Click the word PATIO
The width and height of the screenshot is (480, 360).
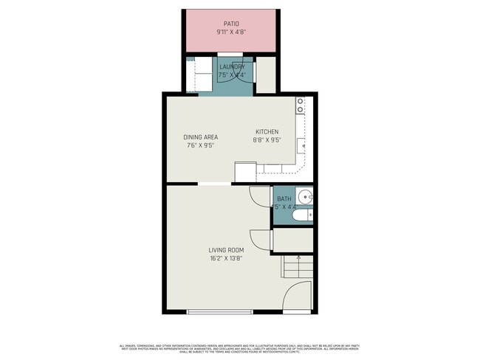[231, 24]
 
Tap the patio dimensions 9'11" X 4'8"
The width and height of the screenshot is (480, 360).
[231, 32]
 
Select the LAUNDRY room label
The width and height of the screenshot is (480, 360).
[231, 66]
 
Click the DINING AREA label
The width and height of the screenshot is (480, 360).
[200, 137]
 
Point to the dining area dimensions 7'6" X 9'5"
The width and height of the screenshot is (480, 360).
[200, 146]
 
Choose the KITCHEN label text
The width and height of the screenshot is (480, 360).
[267, 132]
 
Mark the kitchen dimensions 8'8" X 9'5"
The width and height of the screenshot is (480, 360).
[267, 141]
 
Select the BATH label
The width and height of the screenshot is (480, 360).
[284, 199]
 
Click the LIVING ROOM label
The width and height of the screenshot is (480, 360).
[226, 250]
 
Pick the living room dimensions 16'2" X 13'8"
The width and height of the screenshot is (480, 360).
[226, 259]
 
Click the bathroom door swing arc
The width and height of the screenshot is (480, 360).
[259, 196]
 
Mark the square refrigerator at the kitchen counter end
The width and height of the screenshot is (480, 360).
[245, 172]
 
